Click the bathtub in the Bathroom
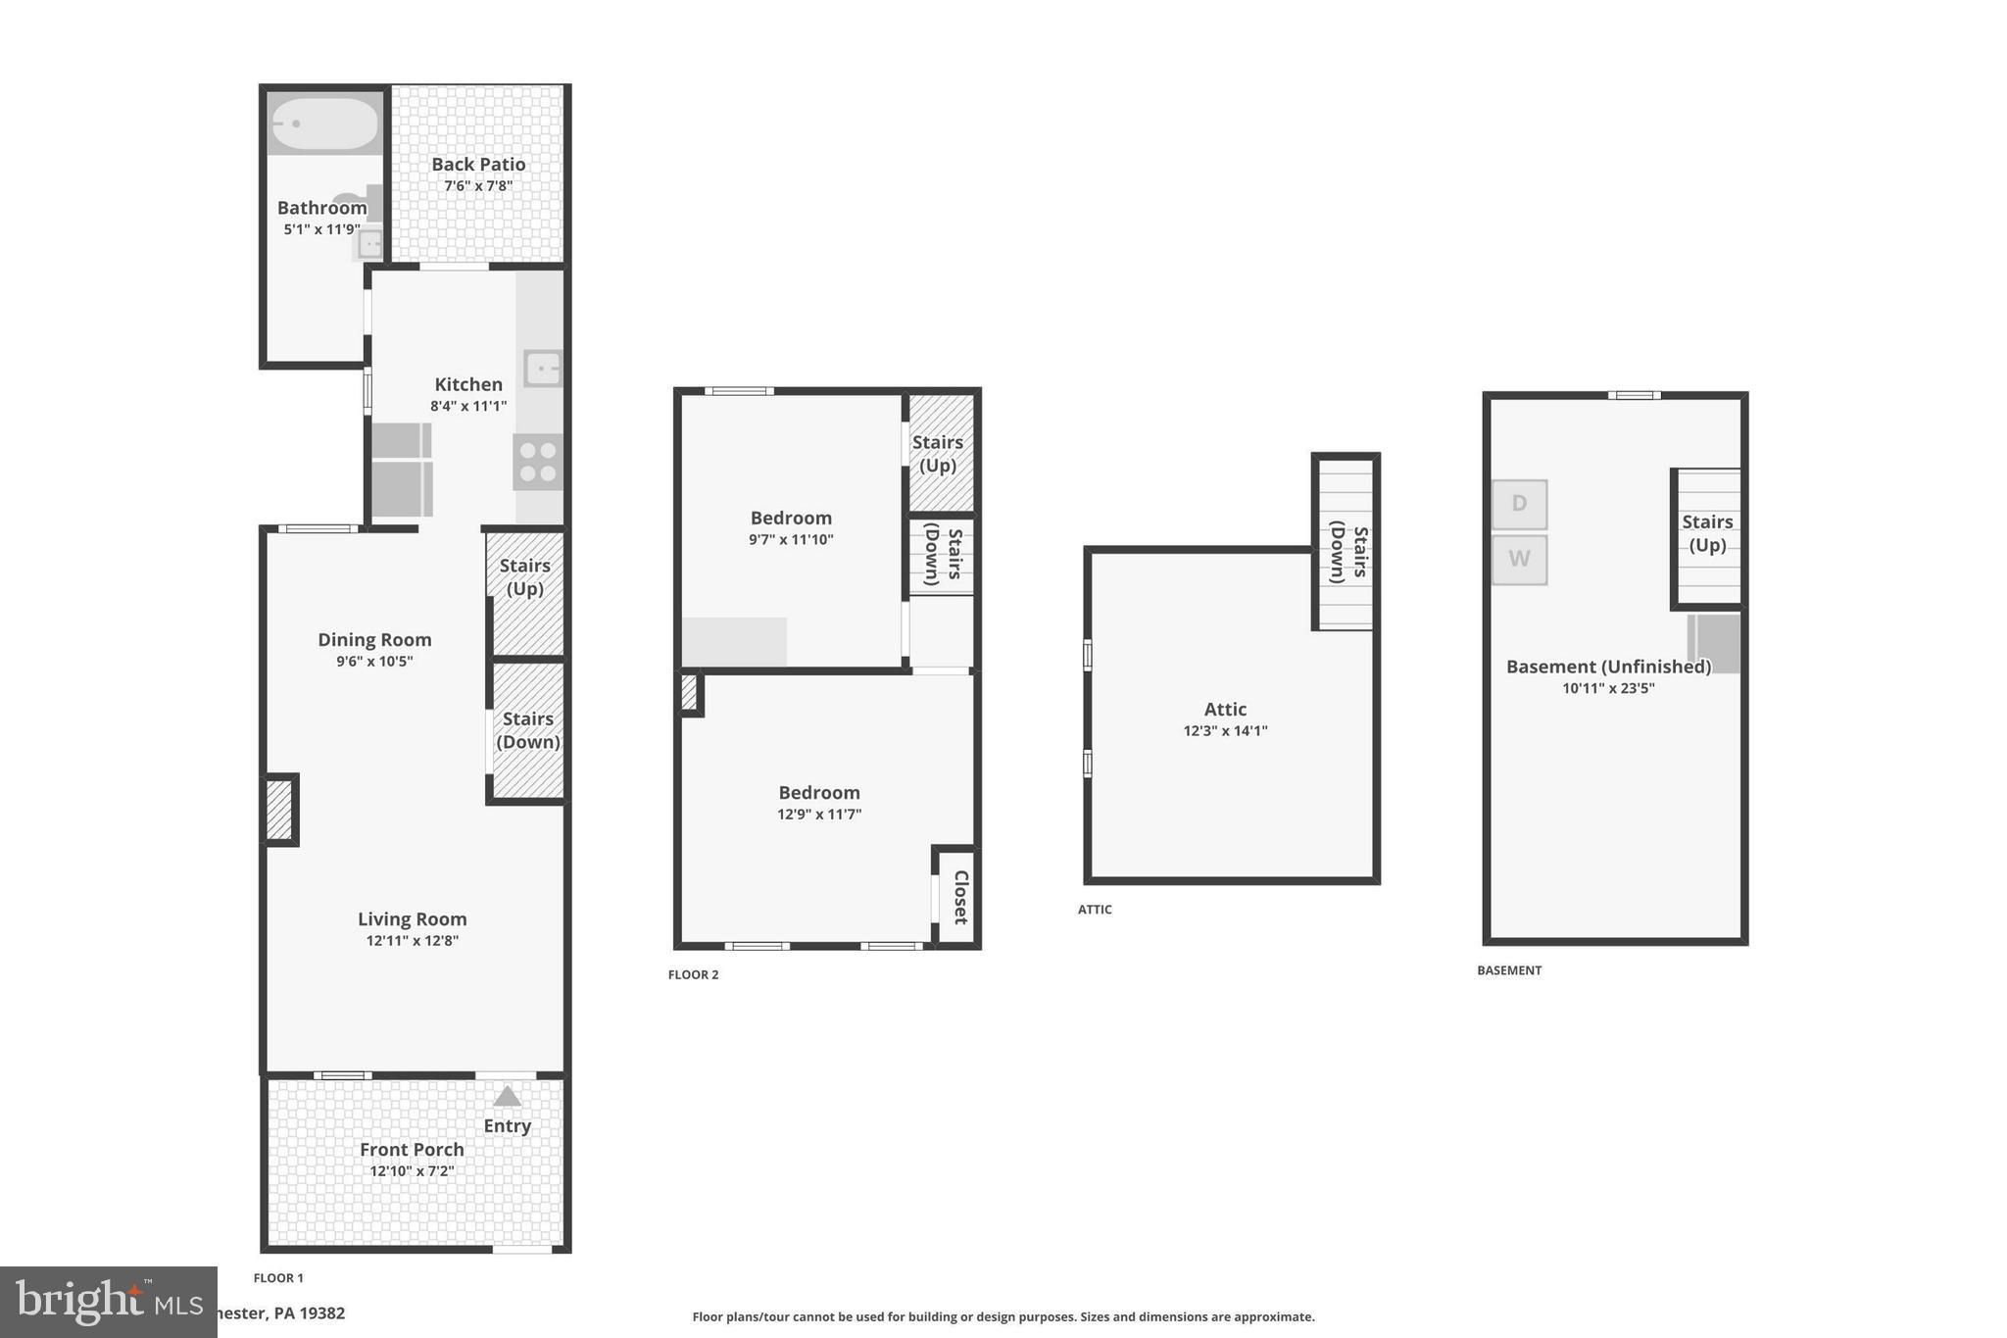(324, 124)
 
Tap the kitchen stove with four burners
(538, 463)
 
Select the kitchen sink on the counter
(542, 369)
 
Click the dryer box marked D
(1519, 504)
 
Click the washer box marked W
(1519, 559)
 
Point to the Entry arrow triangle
(507, 1096)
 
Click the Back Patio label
(478, 165)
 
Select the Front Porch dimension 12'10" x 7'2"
(412, 1171)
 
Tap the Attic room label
(1225, 709)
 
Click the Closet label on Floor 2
(960, 897)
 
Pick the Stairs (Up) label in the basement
(1707, 533)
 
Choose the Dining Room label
(374, 640)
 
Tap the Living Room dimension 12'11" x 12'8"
(412, 941)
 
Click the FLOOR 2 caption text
(693, 974)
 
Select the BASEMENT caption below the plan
(1509, 970)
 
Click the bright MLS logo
(108, 1302)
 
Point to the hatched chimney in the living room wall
(279, 810)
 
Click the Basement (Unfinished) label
(1608, 667)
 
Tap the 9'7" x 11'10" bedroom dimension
(791, 539)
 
